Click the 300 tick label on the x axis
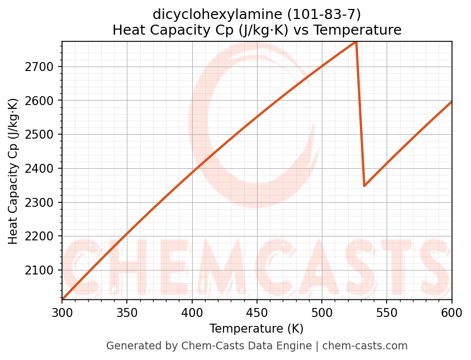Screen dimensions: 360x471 62,312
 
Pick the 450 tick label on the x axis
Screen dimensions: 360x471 257,312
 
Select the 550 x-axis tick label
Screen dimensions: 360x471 387,312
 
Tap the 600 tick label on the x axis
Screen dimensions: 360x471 451,312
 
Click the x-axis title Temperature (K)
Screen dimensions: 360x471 256,329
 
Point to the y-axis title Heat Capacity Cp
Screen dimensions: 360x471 13,170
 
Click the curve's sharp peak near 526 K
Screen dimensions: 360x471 356,42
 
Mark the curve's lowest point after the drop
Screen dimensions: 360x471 364,186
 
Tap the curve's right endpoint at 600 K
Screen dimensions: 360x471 451,102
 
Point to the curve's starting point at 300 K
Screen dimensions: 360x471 63,299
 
